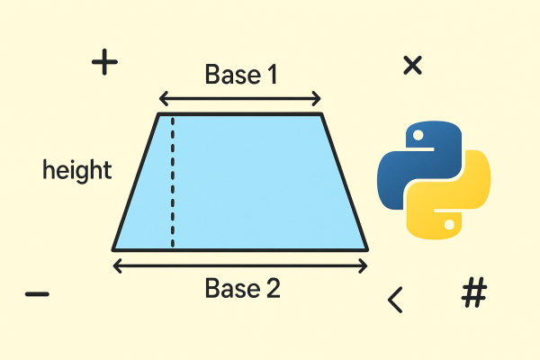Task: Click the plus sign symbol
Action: [x=104, y=62]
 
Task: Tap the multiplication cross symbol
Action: [x=412, y=65]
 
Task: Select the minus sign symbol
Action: [x=37, y=294]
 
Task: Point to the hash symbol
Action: [x=474, y=292]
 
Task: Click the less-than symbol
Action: [x=395, y=300]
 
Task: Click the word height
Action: [x=77, y=170]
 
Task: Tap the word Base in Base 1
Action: [x=232, y=74]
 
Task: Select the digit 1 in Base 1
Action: [x=273, y=74]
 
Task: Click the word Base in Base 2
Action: [x=232, y=288]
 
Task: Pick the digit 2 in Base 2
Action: [x=273, y=288]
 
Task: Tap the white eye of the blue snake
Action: [x=418, y=135]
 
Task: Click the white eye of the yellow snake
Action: [x=449, y=225]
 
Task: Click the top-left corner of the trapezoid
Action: [x=158, y=114]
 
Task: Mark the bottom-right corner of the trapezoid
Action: [x=367, y=249]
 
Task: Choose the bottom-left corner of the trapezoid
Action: [x=113, y=249]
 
